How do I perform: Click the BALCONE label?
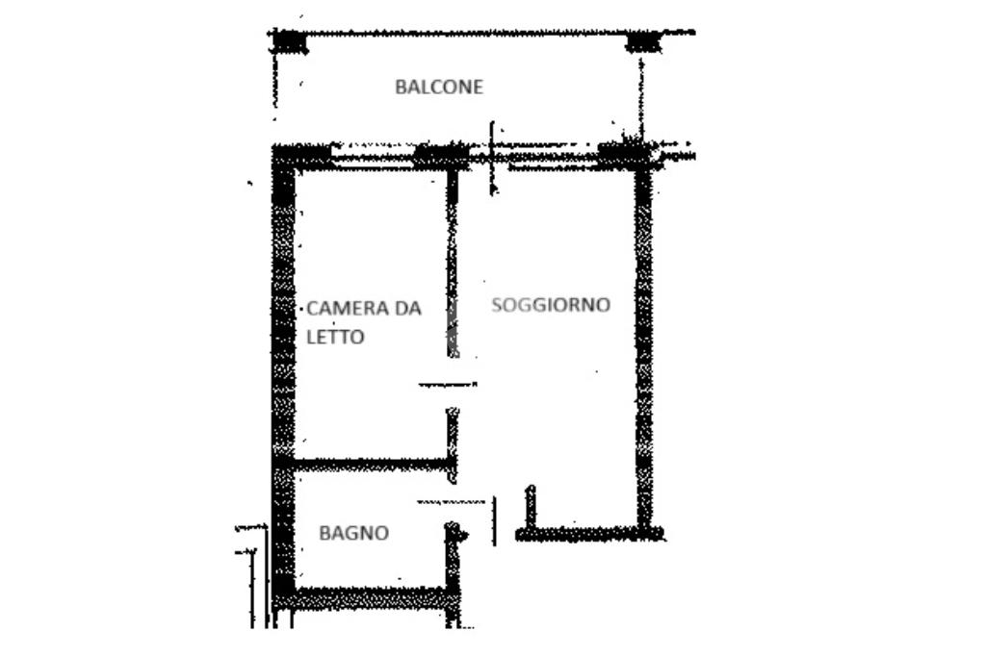[439, 87]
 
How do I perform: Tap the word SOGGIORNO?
[551, 305]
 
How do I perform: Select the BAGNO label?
[354, 532]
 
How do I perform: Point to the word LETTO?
[335, 337]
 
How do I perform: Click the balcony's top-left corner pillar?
[288, 41]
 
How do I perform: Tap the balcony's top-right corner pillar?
[642, 41]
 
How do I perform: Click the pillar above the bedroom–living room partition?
[441, 154]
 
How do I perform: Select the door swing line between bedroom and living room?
[447, 385]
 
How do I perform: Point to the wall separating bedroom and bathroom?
[371, 465]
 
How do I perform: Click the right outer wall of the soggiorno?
[643, 346]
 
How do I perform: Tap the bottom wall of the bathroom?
[371, 598]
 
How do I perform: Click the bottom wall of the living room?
[587, 533]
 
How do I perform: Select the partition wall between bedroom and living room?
[452, 269]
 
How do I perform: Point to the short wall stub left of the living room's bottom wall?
[530, 507]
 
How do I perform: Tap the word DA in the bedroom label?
[408, 309]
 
